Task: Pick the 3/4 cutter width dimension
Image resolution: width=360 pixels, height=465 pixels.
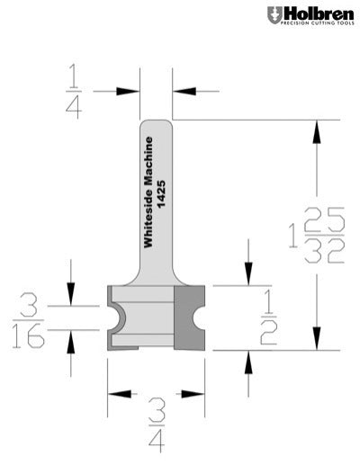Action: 155,432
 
